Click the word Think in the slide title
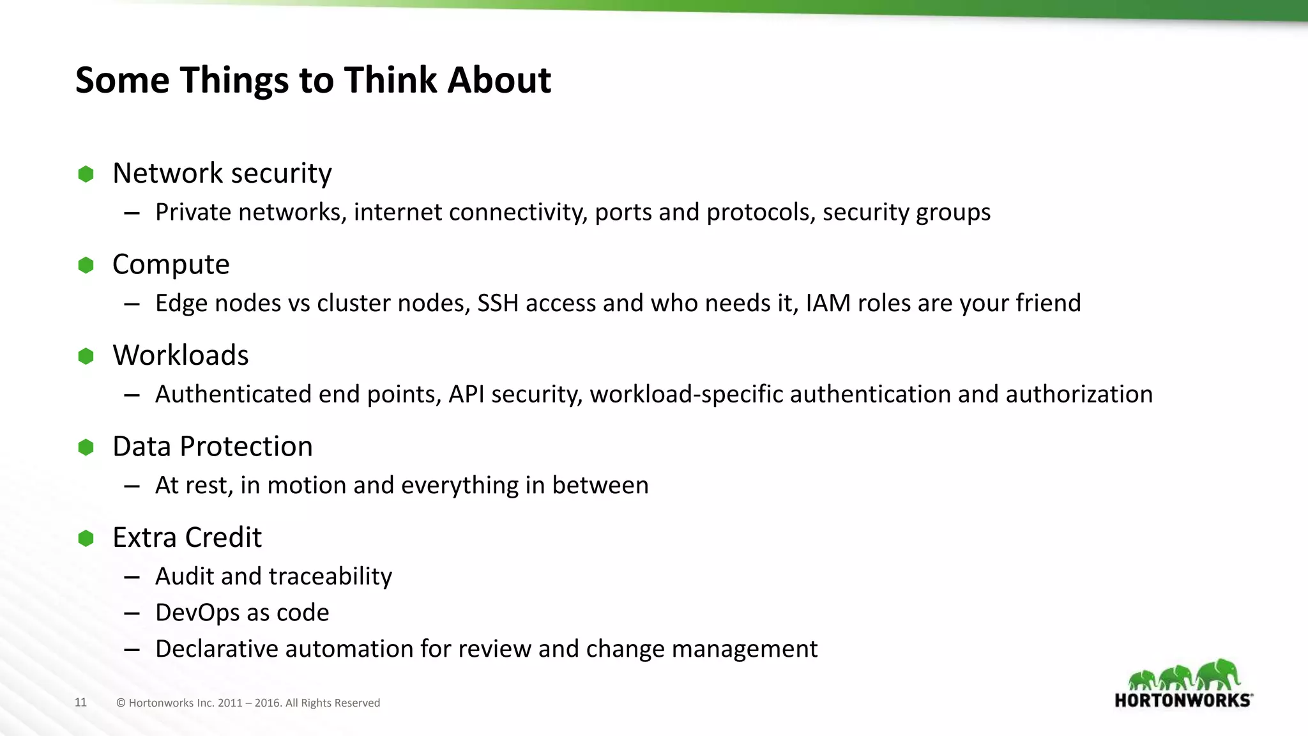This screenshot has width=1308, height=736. pos(390,80)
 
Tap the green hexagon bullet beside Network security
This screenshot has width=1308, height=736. pos(86,174)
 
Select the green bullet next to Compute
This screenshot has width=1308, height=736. pos(86,265)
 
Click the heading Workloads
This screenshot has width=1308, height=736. pos(181,355)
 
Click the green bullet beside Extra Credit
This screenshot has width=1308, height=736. pos(86,539)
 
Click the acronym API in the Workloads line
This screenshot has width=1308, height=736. pos(466,394)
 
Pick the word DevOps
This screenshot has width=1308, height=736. pos(197,613)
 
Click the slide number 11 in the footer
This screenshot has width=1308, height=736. pos(80,703)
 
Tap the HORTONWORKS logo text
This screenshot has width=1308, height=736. pos(1183,700)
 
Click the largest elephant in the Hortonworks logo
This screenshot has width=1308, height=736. pos(1219,675)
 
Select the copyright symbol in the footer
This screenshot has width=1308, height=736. pos(121,703)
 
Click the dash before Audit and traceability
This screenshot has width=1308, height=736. pos(132,578)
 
